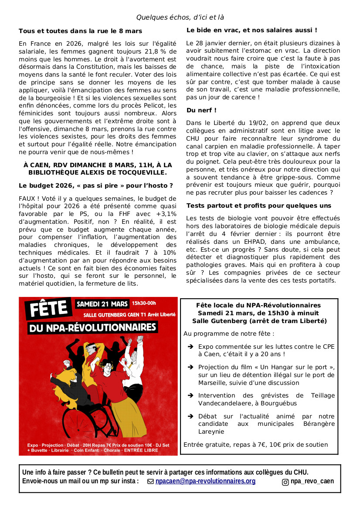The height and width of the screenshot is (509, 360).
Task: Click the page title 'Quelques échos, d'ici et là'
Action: point(180,17)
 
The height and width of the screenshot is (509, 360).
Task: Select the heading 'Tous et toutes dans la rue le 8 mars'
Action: point(80,31)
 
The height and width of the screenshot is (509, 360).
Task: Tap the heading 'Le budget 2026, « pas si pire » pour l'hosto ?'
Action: point(95,185)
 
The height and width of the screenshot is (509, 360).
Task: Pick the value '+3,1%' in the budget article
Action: point(166,214)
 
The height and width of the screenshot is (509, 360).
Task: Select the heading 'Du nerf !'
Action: point(201,110)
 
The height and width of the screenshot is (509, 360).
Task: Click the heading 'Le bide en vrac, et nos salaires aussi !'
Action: point(251,30)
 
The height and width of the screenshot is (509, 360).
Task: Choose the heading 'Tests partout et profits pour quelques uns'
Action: point(258,206)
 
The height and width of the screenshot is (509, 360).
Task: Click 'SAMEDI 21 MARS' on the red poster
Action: point(103,303)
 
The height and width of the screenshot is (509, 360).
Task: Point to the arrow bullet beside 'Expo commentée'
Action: point(190,347)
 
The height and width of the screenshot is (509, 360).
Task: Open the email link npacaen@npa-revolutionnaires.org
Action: point(205,481)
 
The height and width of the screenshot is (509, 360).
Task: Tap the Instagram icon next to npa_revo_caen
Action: point(285,482)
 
